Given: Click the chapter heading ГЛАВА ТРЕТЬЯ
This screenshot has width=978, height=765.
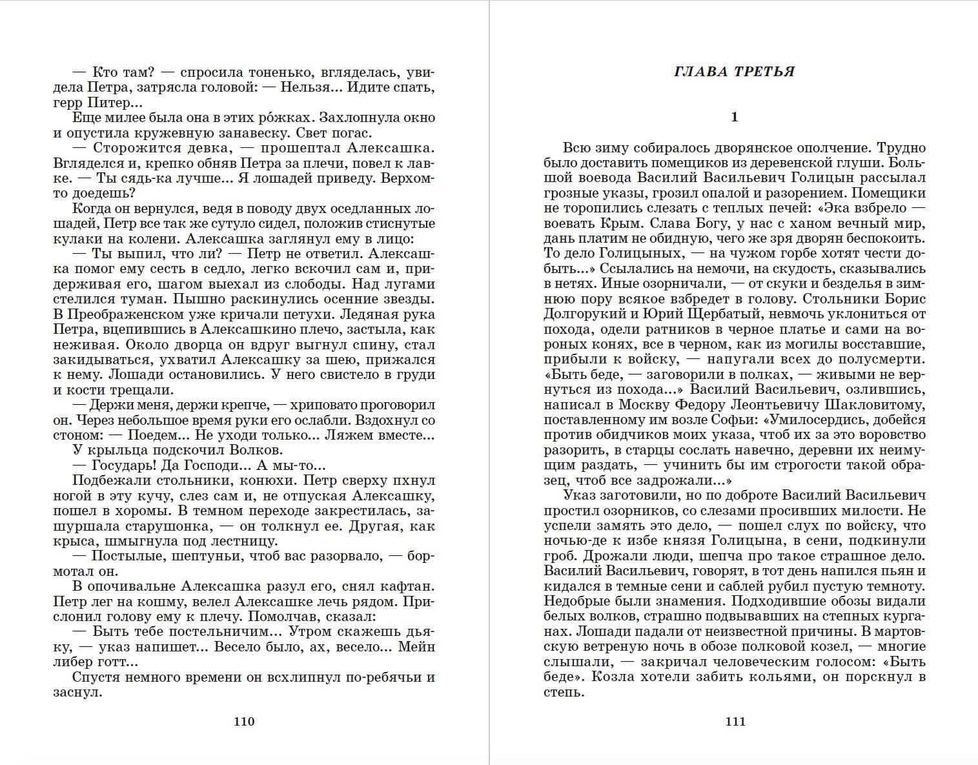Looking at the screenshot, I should pos(734,72).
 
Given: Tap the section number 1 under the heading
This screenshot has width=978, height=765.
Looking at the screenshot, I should pos(734,117).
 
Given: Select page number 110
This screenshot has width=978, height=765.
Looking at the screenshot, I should pos(244,721).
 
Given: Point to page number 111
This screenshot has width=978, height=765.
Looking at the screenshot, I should pos(735,721).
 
